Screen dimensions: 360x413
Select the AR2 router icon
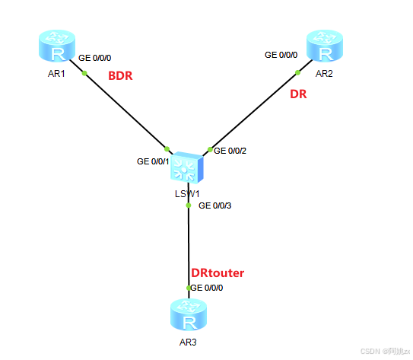tap(325, 47)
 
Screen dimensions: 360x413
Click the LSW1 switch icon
tap(187, 167)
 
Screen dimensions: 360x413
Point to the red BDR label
tap(121, 77)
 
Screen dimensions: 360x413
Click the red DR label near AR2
tap(298, 97)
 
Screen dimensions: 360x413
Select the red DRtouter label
tap(218, 272)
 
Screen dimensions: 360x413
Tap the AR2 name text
tap(325, 74)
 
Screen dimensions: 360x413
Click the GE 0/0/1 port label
tap(153, 161)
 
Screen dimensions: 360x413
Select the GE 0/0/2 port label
tap(230, 151)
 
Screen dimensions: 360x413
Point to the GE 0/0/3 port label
tap(214, 205)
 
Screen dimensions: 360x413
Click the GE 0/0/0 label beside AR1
tap(96, 57)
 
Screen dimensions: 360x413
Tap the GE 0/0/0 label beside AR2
tap(281, 55)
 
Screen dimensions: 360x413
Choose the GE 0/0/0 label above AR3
tap(207, 288)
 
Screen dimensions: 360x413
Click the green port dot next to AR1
tap(84, 73)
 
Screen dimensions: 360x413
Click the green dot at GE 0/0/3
tap(189, 205)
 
